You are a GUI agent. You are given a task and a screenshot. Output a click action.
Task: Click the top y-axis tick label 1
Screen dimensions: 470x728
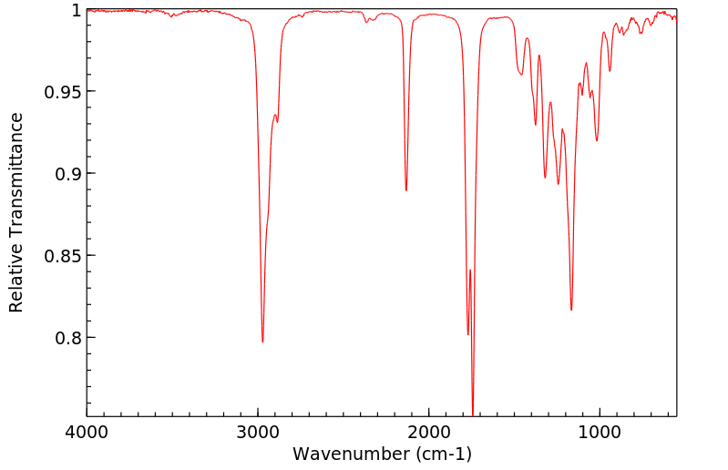coord(77,10)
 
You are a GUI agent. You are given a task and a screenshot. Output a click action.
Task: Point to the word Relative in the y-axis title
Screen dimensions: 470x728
coord(16,282)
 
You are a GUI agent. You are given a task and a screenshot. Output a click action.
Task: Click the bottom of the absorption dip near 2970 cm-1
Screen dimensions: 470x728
coord(262,342)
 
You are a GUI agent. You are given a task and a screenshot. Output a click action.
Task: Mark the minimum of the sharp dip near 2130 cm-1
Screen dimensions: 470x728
coord(406,189)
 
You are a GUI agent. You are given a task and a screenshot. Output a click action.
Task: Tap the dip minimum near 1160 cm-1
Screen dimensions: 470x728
coord(571,310)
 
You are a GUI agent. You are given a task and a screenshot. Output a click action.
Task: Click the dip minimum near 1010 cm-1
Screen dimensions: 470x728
coord(597,140)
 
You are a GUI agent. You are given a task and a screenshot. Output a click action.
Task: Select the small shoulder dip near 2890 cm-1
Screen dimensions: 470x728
coord(277,121)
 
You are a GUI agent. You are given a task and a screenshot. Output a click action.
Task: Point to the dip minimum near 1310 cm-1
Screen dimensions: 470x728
coord(545,178)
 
